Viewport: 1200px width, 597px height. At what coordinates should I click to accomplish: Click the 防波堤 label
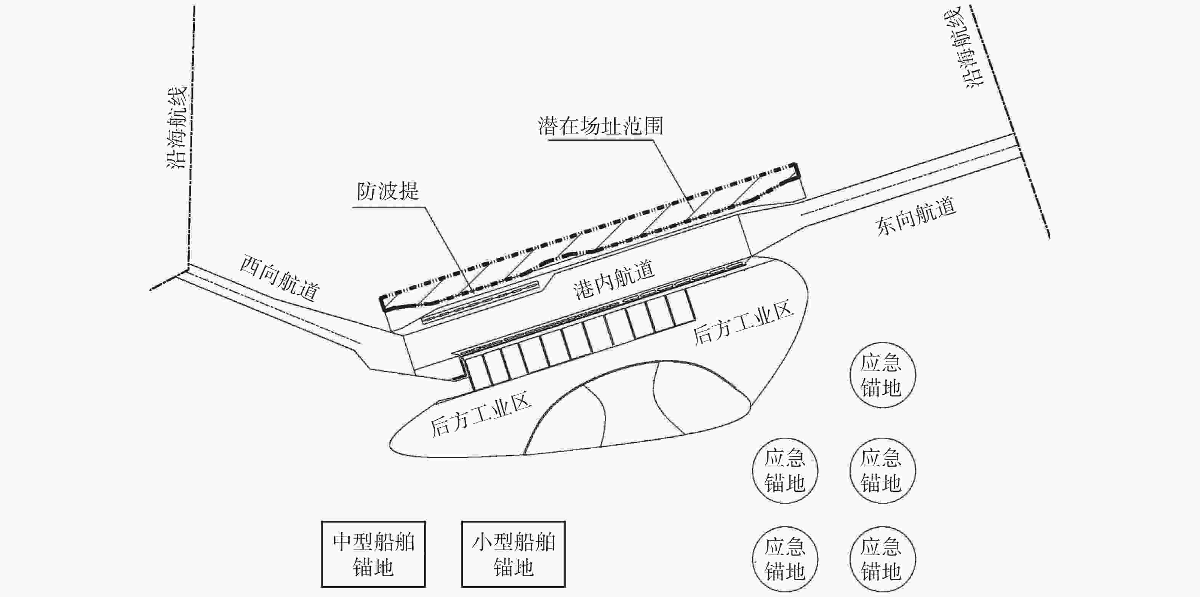point(387,191)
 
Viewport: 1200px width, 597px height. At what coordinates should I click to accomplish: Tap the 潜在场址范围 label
point(600,126)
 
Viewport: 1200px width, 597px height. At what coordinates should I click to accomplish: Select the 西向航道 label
point(280,278)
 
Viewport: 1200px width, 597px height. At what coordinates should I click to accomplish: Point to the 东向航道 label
point(916,217)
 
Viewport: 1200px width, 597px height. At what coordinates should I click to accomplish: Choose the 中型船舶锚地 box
point(373,554)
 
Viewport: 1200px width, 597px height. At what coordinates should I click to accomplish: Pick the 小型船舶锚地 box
point(514,554)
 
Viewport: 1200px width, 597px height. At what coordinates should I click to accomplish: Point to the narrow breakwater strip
point(480,302)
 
